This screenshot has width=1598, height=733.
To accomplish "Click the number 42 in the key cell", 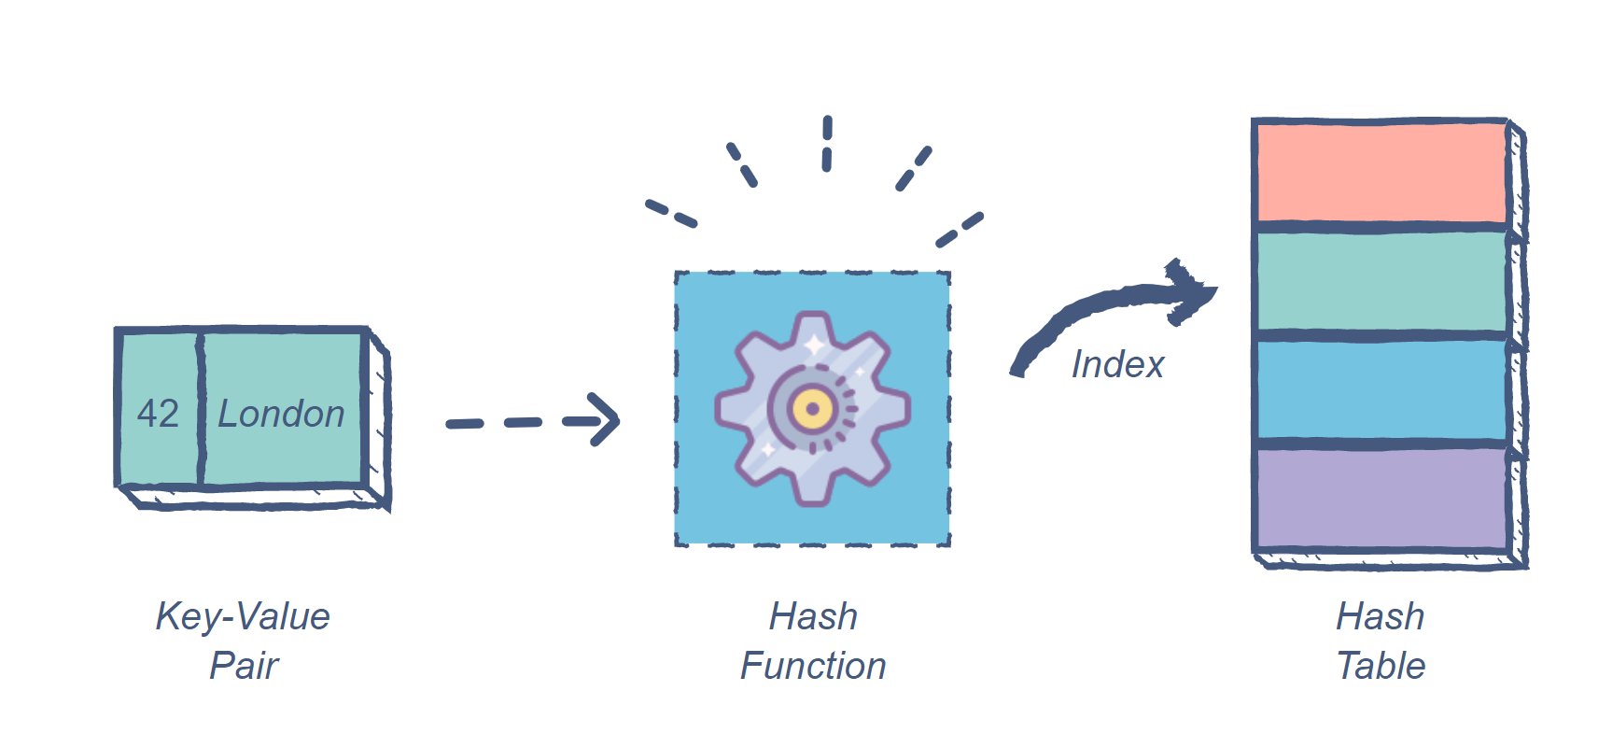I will click(158, 414).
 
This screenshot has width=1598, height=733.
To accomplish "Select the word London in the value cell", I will click(281, 414).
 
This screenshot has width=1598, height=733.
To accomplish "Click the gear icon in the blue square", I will click(812, 409).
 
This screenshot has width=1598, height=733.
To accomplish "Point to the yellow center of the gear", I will click(812, 409).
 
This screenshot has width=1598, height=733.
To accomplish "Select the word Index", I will click(1117, 364).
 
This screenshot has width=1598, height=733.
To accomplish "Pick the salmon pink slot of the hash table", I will click(1381, 173).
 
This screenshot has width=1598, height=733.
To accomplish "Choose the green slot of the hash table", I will click(1381, 281).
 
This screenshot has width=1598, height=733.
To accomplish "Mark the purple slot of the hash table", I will click(1381, 499).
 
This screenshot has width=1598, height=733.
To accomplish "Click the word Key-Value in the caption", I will click(243, 616).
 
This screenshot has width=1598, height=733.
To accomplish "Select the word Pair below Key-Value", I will click(243, 666).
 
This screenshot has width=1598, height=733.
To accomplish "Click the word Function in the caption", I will click(813, 666).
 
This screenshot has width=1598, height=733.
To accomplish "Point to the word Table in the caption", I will click(1381, 666).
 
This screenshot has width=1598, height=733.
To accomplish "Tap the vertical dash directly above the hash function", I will click(827, 144).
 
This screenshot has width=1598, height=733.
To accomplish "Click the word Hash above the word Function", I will click(813, 616).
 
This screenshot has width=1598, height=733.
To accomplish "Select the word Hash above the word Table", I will click(1381, 616).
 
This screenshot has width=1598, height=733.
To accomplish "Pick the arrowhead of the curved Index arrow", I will click(1190, 291).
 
